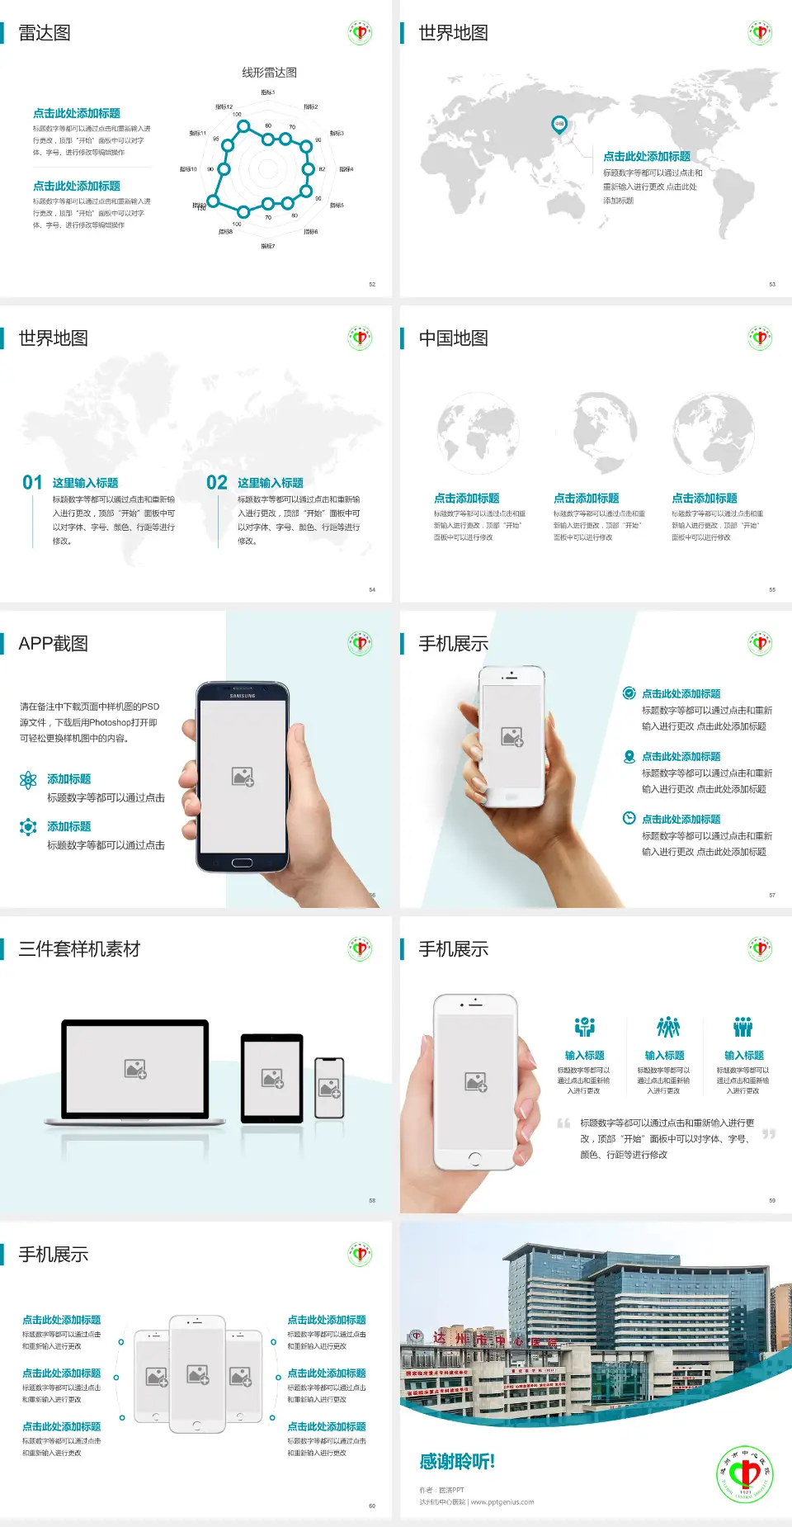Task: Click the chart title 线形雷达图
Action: (x=269, y=73)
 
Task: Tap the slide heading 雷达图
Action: (x=45, y=33)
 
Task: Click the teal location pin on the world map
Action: (x=559, y=125)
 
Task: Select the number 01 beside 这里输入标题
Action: (x=32, y=483)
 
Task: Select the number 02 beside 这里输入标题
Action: (x=217, y=483)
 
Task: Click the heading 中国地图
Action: (x=453, y=338)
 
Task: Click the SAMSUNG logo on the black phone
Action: (x=243, y=696)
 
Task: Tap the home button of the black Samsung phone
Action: (x=242, y=863)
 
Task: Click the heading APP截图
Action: (x=53, y=644)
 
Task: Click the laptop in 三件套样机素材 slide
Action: (x=135, y=1071)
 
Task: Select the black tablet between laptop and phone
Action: (x=272, y=1077)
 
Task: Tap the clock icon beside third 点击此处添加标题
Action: (x=629, y=818)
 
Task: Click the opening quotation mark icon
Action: (x=563, y=1123)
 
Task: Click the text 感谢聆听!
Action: (x=457, y=1462)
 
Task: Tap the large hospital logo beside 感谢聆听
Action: (x=745, y=1473)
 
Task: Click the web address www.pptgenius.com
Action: (x=502, y=1502)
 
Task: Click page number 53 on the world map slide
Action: (x=772, y=284)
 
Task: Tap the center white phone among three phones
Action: (x=197, y=1373)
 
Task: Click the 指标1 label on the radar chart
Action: (x=268, y=92)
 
